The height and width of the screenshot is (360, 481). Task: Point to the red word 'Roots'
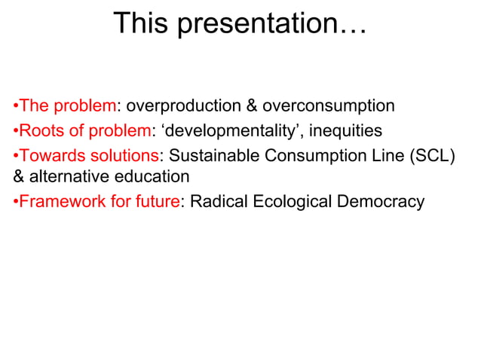(38, 131)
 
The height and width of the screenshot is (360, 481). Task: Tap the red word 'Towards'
(48, 157)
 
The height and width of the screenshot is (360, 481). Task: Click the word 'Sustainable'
(213, 157)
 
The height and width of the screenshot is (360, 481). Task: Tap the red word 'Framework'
(58, 202)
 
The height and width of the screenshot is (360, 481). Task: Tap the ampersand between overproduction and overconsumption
(253, 105)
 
